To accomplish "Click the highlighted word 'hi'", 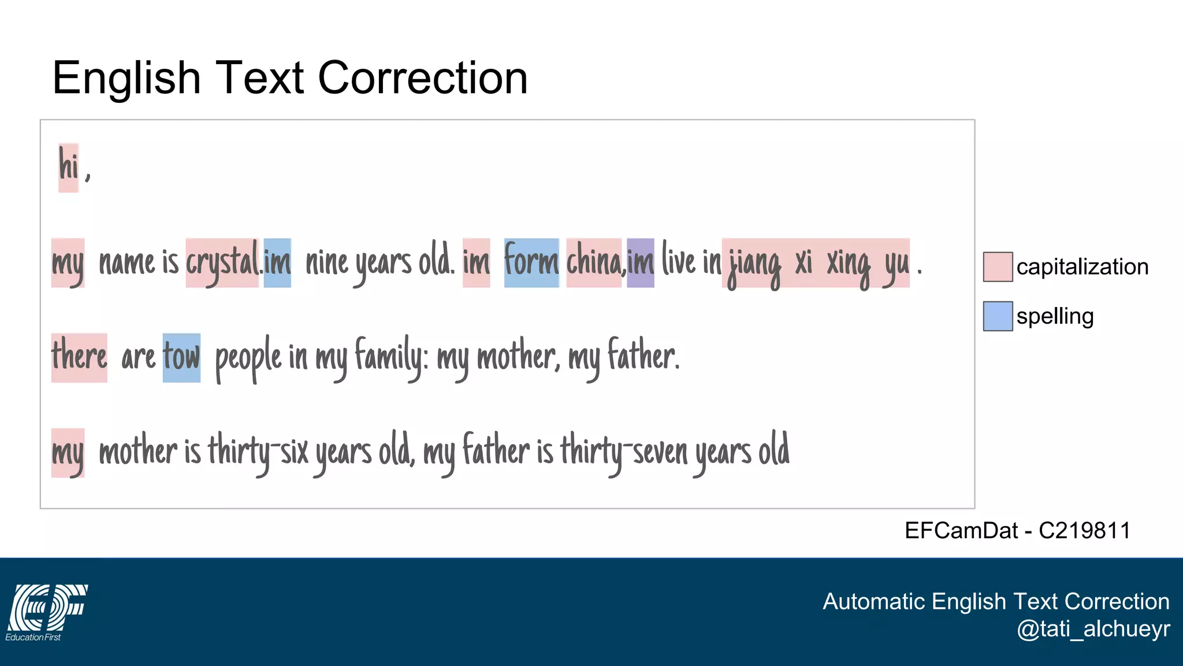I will (68, 167).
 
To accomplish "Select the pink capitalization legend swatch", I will (998, 267).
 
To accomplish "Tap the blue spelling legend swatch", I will (998, 316).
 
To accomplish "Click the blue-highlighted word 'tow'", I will (181, 357).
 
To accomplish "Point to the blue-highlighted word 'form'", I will (531, 262).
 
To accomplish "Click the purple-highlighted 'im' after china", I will (641, 263).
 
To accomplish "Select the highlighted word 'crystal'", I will (222, 263).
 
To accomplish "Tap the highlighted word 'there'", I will (79, 357).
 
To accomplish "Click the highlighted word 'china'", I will (594, 263).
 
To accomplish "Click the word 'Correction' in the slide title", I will (423, 78).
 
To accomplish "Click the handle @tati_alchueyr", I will (1093, 628).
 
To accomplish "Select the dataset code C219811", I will (1084, 530).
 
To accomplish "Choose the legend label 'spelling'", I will (1055, 316).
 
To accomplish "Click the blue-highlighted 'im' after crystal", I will (277, 263).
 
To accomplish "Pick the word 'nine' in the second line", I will (326, 263).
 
